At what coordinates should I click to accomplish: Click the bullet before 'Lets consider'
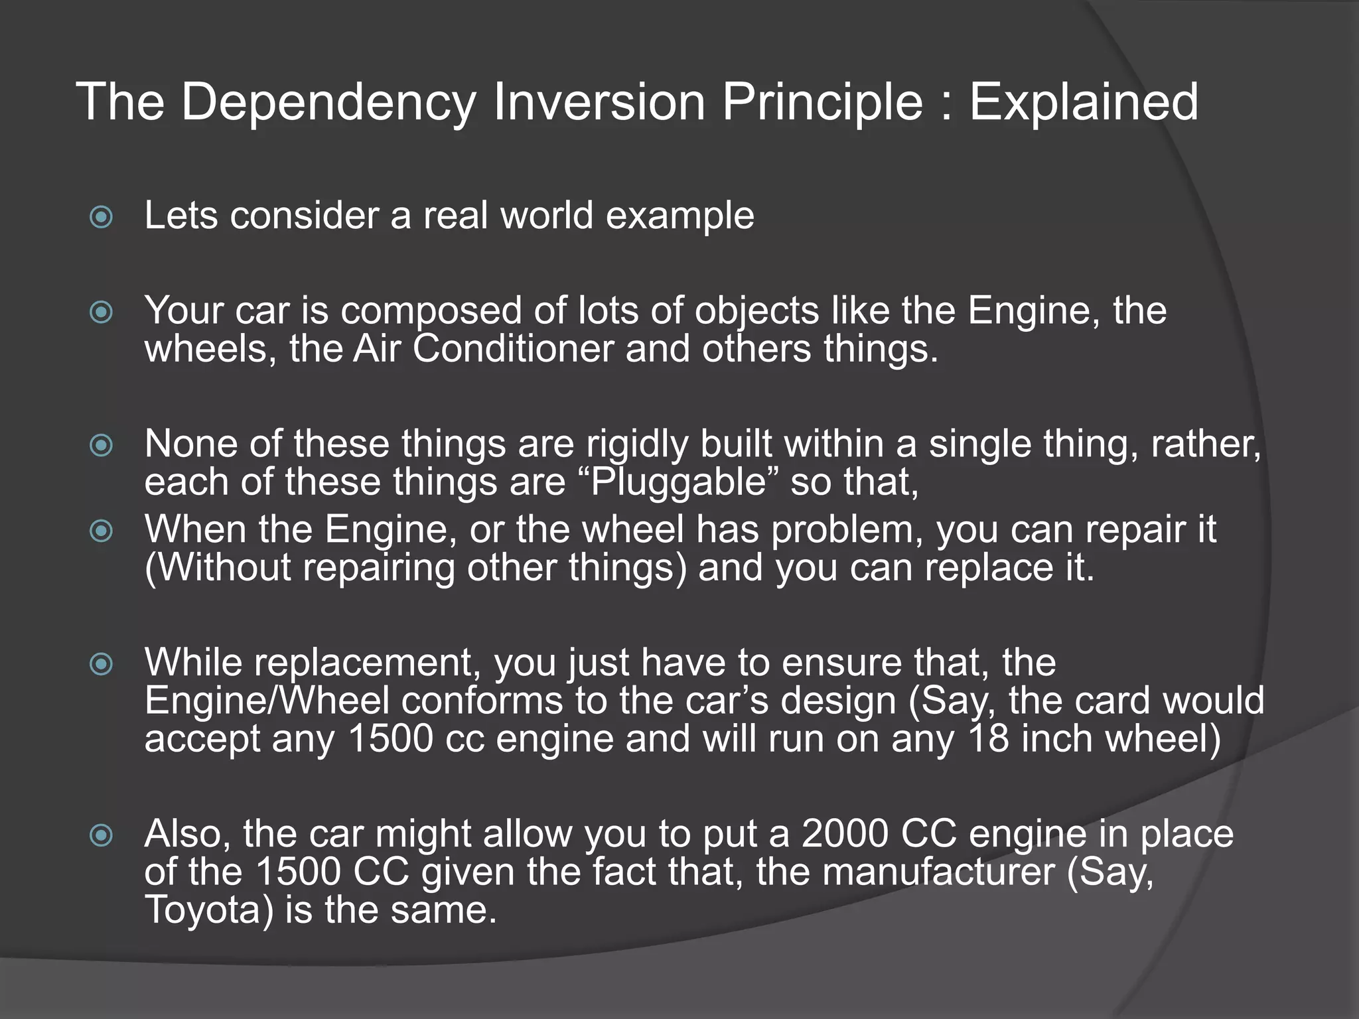101,217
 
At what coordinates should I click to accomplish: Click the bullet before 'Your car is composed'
101,312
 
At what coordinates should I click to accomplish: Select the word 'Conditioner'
513,349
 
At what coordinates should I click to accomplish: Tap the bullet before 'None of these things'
101,445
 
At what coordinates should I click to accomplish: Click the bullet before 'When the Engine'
101,531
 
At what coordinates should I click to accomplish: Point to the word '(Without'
218,569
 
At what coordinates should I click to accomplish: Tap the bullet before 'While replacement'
101,663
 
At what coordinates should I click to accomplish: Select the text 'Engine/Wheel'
267,701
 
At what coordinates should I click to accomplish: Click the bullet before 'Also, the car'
101,835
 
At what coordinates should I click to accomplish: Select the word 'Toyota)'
209,910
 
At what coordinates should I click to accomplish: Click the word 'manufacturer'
938,872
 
